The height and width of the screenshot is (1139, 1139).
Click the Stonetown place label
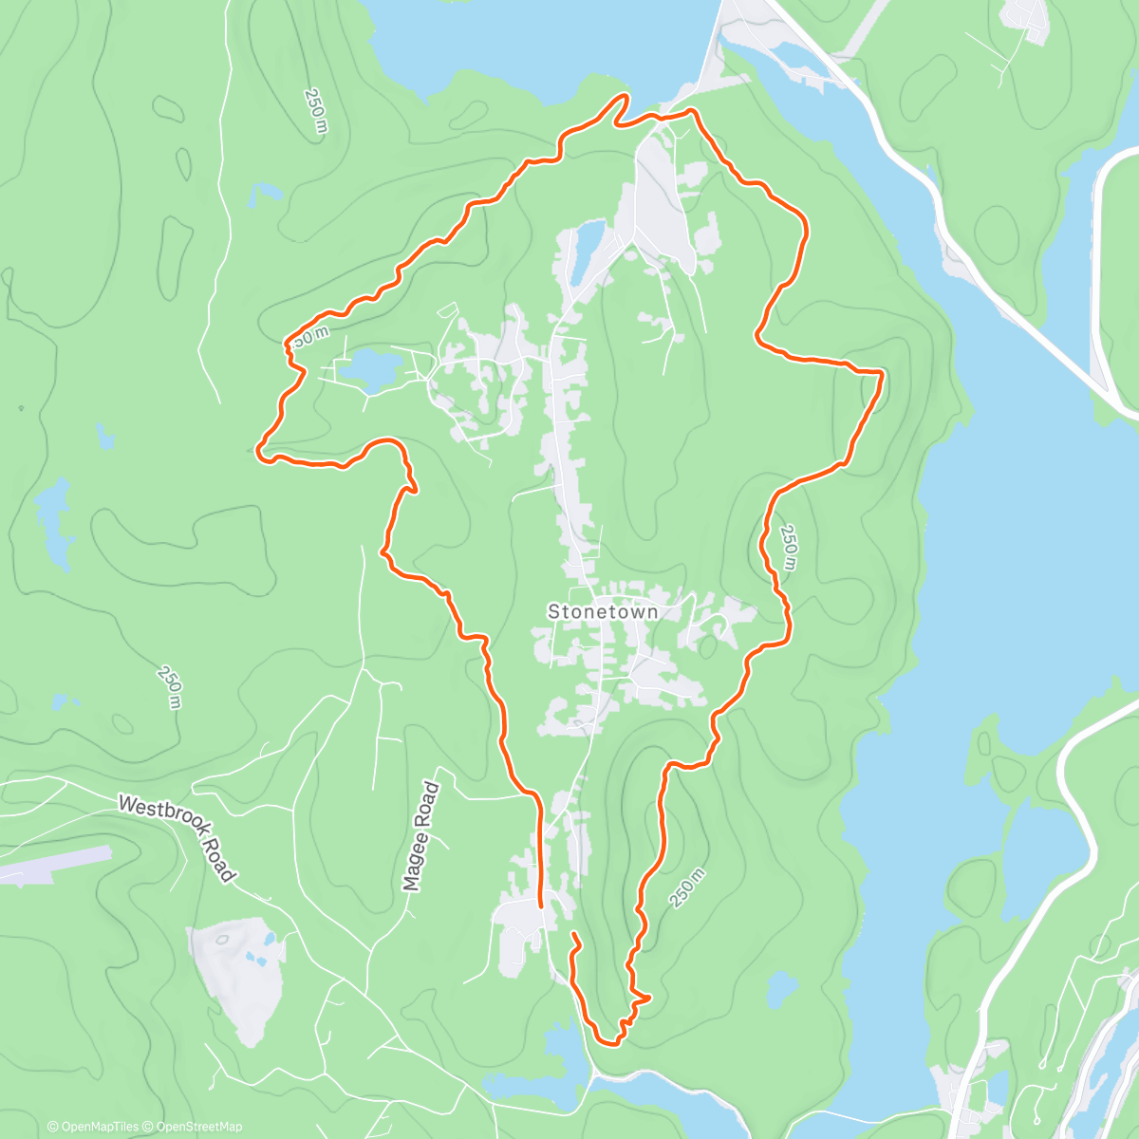[603, 612]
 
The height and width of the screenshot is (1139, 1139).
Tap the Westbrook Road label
[177, 837]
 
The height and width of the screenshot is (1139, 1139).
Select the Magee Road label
[420, 836]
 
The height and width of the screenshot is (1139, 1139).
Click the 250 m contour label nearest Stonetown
[789, 548]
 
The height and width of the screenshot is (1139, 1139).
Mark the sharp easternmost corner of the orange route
[883, 374]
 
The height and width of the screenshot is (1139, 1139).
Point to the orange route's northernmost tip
[625, 96]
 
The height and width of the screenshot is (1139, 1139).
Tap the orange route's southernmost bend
[612, 1043]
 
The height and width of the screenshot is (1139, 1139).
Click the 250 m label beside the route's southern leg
[687, 888]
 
